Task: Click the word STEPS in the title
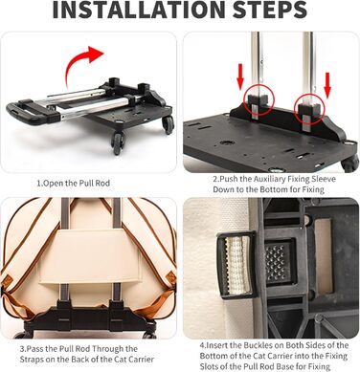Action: point(270,10)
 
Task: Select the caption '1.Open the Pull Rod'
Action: point(74,184)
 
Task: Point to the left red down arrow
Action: point(240,77)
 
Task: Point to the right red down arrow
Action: point(327,84)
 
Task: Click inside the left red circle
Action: point(259,99)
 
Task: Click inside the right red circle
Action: point(309,108)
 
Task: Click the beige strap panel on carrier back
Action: point(91,255)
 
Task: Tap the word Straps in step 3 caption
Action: point(31,360)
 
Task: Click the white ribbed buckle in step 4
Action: point(236,265)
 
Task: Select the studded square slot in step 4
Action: point(280,262)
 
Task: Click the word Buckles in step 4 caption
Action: point(258,345)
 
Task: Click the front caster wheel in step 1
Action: point(118,142)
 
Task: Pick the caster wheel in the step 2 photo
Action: point(350,164)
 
